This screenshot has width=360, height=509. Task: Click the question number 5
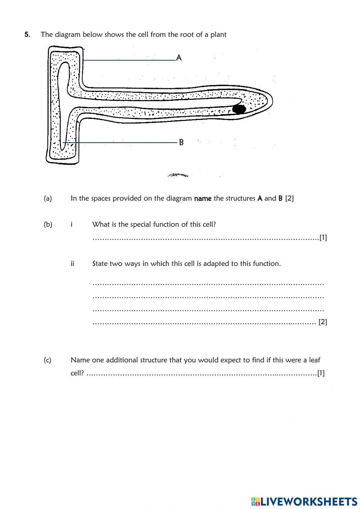tap(27, 35)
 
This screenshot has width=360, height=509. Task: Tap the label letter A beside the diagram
tap(179, 58)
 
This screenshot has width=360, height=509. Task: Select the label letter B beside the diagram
tap(181, 142)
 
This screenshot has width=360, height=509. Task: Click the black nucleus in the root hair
tap(239, 109)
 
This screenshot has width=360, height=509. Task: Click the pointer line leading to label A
tap(130, 60)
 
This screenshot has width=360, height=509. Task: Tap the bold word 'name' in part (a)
tap(203, 198)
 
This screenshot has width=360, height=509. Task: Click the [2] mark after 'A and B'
tap(289, 198)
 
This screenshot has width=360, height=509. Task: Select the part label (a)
tap(48, 198)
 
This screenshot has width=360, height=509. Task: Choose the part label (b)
tap(48, 224)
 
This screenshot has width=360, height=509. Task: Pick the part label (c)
tap(48, 360)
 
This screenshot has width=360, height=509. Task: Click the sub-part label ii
tap(72, 264)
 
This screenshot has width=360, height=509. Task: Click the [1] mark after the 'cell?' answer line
tap(321, 373)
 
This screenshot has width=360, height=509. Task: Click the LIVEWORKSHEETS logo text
tap(309, 501)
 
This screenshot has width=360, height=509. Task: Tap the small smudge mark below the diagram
tap(177, 175)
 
